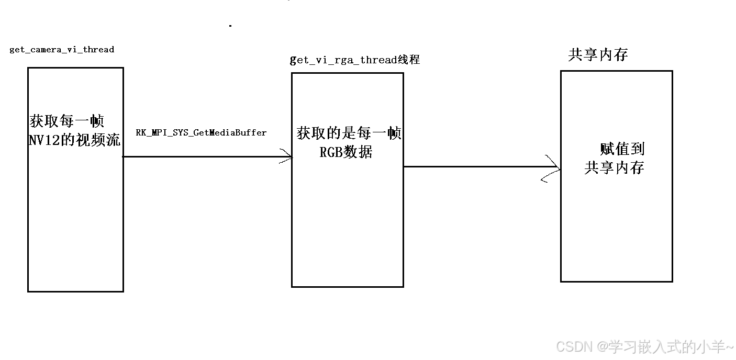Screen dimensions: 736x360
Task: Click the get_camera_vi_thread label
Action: pos(62,50)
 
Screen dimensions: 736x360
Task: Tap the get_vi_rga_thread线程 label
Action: pos(355,60)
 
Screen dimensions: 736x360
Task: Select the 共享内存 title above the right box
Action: pos(598,55)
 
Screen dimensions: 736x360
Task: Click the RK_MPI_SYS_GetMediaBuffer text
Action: pos(201,133)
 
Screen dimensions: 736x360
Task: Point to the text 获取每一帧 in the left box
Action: pos(67,121)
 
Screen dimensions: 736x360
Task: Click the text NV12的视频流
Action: pos(75,140)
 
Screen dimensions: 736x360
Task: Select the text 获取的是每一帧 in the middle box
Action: pos(349,133)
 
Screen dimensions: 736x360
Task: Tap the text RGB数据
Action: pos(346,152)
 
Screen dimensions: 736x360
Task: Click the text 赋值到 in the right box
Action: pos(622,149)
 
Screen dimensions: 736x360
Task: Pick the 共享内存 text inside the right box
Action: pos(614,167)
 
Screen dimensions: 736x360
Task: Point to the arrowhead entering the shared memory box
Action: pos(553,168)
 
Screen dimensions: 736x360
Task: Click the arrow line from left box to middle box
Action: pos(204,156)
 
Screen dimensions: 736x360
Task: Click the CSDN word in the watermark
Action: pos(573,346)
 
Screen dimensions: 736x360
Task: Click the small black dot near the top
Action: pos(230,25)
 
